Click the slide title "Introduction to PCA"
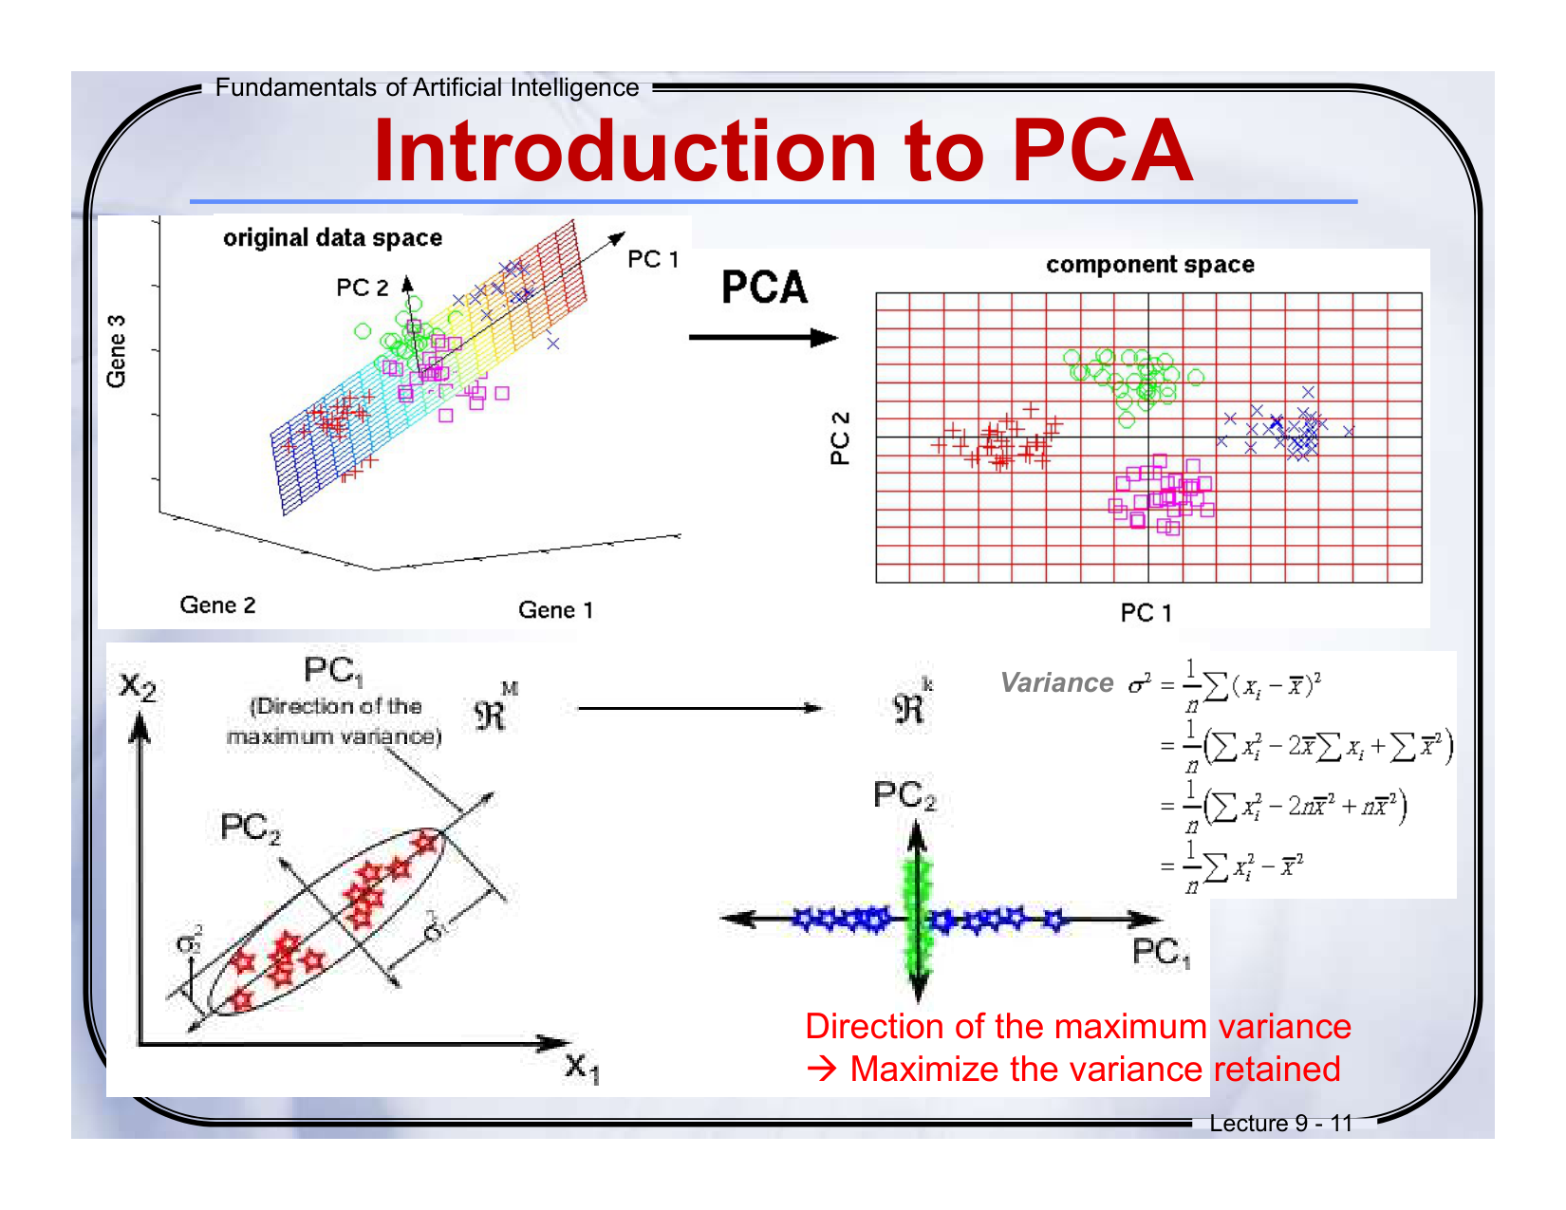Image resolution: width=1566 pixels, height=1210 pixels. [x=783, y=152]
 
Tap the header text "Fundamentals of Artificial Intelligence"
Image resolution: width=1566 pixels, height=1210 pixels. [x=427, y=87]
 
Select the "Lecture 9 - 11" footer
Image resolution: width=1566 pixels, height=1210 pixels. [x=1280, y=1124]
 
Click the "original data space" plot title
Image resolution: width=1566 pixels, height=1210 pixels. [x=333, y=237]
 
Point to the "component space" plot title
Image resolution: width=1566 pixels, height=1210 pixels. [x=1150, y=265]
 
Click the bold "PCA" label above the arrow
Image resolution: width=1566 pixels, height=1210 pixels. [x=764, y=288]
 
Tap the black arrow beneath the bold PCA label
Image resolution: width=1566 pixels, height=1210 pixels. [x=763, y=338]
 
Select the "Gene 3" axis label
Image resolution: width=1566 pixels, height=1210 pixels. [x=116, y=351]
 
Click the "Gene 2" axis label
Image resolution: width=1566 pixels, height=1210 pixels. [x=218, y=605]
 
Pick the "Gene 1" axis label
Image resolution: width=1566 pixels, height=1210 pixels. [x=555, y=610]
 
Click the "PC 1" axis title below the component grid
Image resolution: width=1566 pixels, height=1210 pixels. [x=1146, y=613]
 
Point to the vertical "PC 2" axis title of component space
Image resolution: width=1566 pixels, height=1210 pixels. [x=840, y=437]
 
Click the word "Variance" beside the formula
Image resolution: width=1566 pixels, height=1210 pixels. [x=1056, y=682]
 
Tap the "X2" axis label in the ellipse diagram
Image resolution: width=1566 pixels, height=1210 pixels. [x=138, y=685]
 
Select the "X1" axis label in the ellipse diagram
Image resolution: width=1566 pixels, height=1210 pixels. [x=581, y=1068]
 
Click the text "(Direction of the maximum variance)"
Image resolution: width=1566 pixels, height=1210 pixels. [x=335, y=721]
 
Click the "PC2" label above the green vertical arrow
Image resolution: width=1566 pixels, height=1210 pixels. [x=904, y=795]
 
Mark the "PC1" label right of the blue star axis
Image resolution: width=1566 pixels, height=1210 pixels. [x=1160, y=952]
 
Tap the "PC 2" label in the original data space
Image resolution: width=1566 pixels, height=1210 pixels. [x=363, y=288]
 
